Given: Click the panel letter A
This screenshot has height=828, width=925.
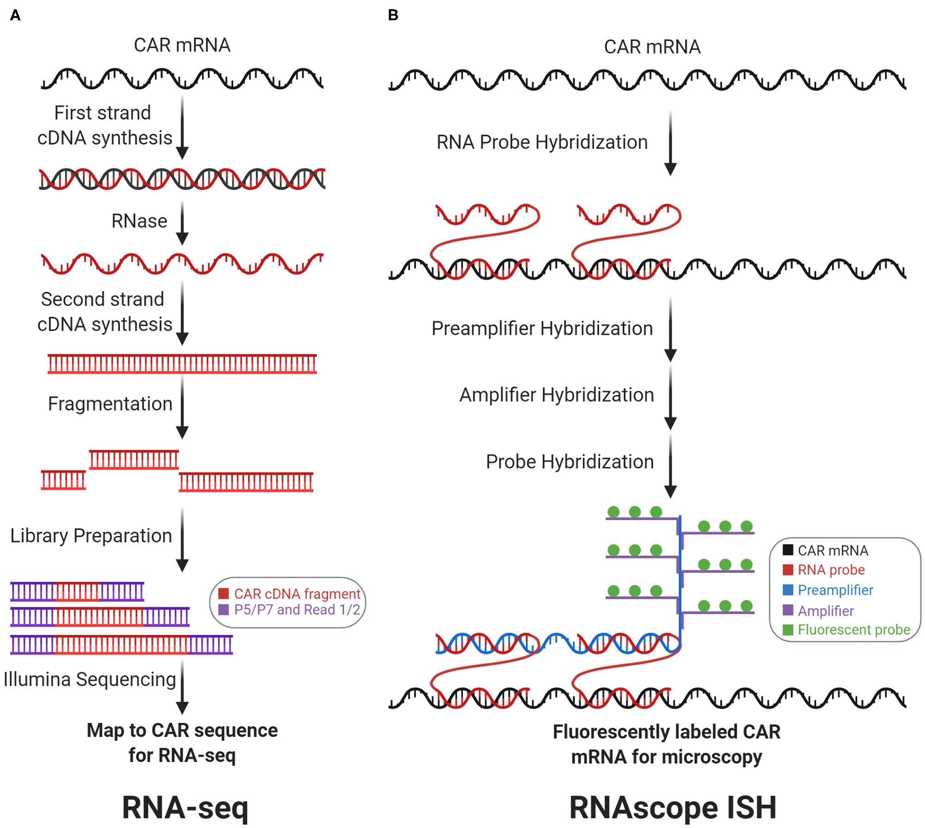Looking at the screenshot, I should pyautogui.click(x=15, y=15).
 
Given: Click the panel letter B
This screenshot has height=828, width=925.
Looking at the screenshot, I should pyautogui.click(x=393, y=15).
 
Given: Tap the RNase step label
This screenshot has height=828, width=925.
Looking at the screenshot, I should pyautogui.click(x=139, y=221).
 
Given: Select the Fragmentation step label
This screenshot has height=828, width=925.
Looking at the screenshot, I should pyautogui.click(x=110, y=404).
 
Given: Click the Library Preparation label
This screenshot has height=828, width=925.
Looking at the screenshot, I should pyautogui.click(x=91, y=535).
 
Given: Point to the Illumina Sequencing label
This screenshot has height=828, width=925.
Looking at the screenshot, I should pyautogui.click(x=90, y=679).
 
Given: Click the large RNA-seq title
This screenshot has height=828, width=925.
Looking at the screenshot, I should pyautogui.click(x=185, y=807).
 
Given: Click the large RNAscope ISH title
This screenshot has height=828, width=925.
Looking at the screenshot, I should pyautogui.click(x=673, y=807).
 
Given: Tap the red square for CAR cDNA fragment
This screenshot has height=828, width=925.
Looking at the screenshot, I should pyautogui.click(x=223, y=593).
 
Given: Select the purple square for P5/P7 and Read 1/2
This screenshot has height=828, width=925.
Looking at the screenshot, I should pyautogui.click(x=223, y=610).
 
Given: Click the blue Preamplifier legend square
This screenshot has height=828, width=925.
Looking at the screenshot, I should pyautogui.click(x=788, y=590).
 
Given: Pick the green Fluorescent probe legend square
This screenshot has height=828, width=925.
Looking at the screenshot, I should pyautogui.click(x=788, y=629).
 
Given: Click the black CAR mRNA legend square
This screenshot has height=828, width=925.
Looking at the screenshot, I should pyautogui.click(x=788, y=550).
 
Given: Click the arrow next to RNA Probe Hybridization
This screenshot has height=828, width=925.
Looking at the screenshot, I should pyautogui.click(x=670, y=143).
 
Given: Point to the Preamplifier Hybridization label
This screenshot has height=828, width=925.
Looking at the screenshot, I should pyautogui.click(x=542, y=329).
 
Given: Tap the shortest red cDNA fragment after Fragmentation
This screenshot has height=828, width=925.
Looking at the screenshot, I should pyautogui.click(x=63, y=480).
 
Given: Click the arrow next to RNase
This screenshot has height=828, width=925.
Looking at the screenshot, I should pyautogui.click(x=182, y=223).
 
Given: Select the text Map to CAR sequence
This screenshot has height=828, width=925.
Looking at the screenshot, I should pyautogui.click(x=182, y=730).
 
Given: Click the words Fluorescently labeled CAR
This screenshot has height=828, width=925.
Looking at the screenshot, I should pyautogui.click(x=666, y=732).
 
